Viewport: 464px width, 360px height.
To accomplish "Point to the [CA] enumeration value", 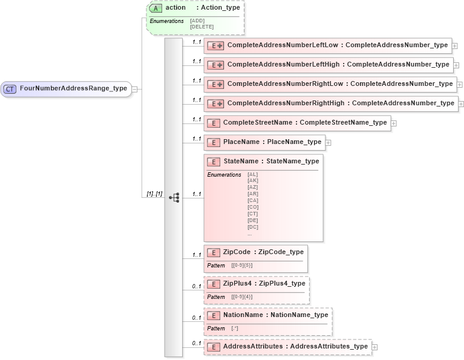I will (x=253, y=200).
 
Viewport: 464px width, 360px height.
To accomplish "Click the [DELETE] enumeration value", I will (x=201, y=27).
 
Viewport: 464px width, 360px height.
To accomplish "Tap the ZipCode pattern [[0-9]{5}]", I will (x=242, y=266).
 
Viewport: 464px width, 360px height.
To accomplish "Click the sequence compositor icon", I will (x=174, y=198).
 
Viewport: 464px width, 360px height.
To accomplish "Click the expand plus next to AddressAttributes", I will (x=375, y=347).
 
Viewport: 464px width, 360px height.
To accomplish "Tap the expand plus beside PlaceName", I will (x=328, y=143).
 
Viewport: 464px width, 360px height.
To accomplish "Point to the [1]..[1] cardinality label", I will (x=154, y=194).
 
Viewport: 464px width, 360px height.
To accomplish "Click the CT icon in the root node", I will (x=10, y=89).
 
